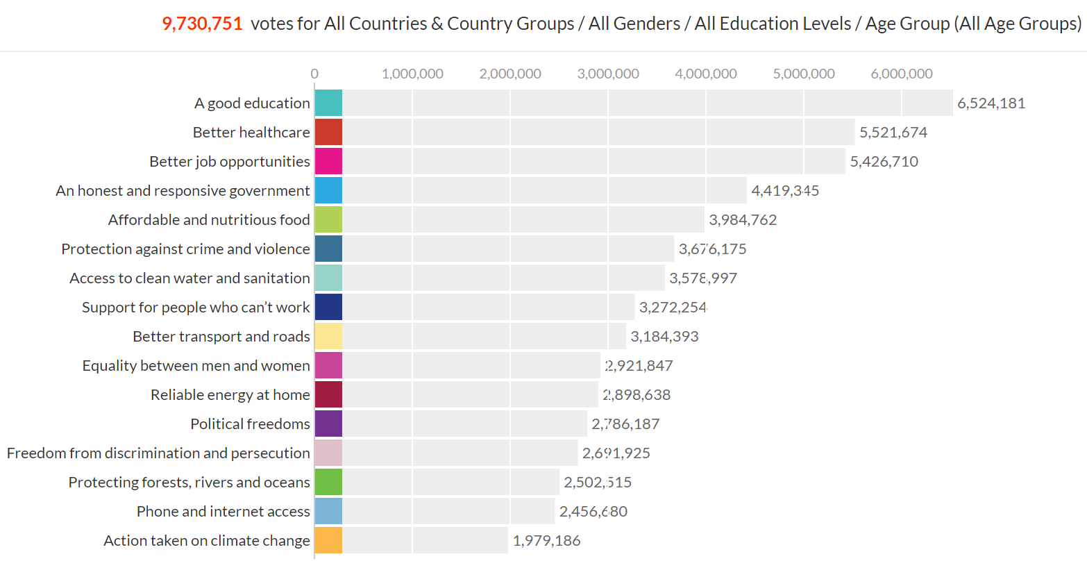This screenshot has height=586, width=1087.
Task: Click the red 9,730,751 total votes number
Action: [x=202, y=24]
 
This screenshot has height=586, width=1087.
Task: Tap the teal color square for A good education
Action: [x=328, y=103]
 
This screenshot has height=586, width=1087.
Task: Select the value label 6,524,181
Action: [x=991, y=103]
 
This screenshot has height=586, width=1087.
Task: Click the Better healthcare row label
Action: [x=251, y=133]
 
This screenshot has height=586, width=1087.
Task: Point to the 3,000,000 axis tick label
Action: [x=608, y=74]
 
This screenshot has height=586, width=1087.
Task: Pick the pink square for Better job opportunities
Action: [x=328, y=161]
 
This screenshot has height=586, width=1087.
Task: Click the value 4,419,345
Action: [x=785, y=191]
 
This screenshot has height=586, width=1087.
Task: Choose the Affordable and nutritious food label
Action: [x=209, y=220]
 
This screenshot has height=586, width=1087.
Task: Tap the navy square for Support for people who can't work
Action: [x=328, y=307]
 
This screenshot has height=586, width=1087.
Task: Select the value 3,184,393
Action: [x=664, y=337]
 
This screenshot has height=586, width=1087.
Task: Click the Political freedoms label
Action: [x=250, y=424]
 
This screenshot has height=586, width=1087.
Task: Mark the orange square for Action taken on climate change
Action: [x=328, y=540]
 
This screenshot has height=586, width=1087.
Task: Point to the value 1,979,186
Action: [x=546, y=541]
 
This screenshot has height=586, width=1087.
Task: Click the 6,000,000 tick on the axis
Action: [x=902, y=74]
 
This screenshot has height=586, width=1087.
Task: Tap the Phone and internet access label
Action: [x=223, y=512]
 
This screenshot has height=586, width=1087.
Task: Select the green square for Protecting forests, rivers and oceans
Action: [x=328, y=482]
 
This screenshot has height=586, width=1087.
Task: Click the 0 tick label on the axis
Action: [x=314, y=74]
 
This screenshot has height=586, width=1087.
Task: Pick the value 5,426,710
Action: [x=884, y=162]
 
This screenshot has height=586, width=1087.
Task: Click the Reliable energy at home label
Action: [x=230, y=395]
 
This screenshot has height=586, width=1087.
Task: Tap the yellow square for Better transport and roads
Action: [x=328, y=336]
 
